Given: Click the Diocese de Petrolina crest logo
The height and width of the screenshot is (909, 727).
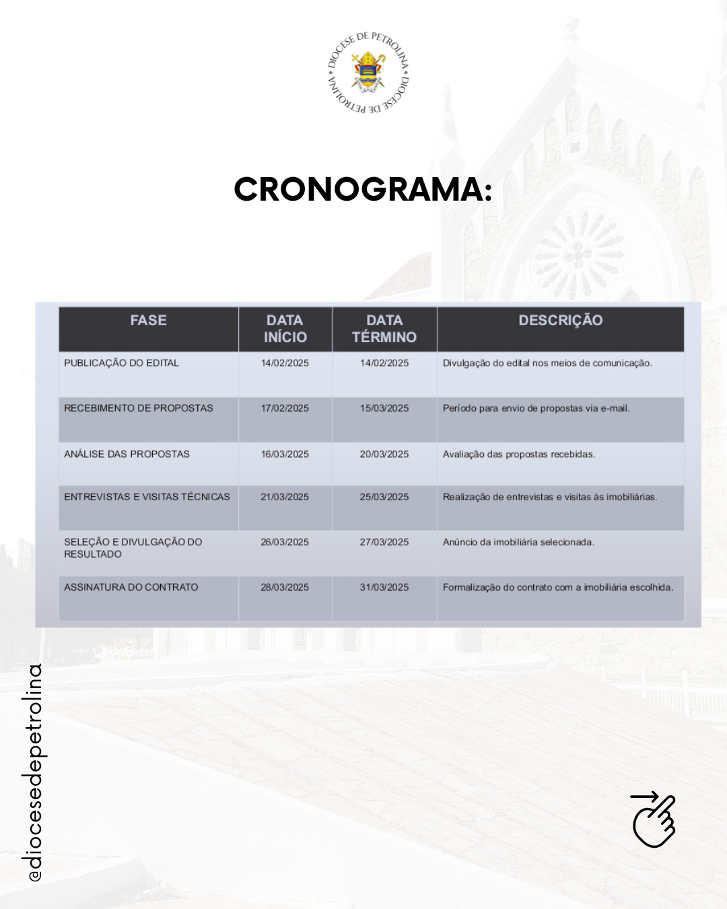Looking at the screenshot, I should click(x=368, y=72).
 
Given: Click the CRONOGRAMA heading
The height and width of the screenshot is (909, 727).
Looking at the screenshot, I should click(x=363, y=189).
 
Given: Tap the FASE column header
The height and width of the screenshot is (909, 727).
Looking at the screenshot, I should click(x=148, y=321).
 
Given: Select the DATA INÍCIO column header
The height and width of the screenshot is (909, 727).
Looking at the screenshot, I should click(x=285, y=329).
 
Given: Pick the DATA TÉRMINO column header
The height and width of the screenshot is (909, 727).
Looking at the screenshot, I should click(x=384, y=329).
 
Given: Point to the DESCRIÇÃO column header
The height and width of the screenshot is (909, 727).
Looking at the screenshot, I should click(x=560, y=321).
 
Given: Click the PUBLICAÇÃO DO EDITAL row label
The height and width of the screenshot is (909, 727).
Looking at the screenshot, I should click(x=122, y=363).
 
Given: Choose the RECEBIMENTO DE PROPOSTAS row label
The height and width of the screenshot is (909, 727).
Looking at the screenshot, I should click(x=139, y=408).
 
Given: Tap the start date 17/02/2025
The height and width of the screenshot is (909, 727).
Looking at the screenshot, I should click(x=285, y=408).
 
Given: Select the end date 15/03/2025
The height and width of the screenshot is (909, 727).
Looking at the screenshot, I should click(x=384, y=408).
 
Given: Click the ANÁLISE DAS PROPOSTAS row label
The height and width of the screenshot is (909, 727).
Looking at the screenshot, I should click(x=127, y=454).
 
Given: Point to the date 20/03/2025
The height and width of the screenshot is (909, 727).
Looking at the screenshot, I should click(x=384, y=454).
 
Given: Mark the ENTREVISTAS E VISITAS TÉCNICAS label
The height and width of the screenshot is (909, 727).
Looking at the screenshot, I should click(x=147, y=497).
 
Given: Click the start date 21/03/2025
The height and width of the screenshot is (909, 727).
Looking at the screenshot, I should click(x=285, y=497).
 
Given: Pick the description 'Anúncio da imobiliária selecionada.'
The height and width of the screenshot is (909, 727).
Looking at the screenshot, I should click(x=518, y=542).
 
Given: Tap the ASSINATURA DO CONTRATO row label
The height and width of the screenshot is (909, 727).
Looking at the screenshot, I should click(x=131, y=587).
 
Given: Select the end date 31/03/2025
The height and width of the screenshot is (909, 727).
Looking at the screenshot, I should click(x=384, y=587).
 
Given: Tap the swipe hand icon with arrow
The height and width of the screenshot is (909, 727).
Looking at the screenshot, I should click(x=654, y=819).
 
